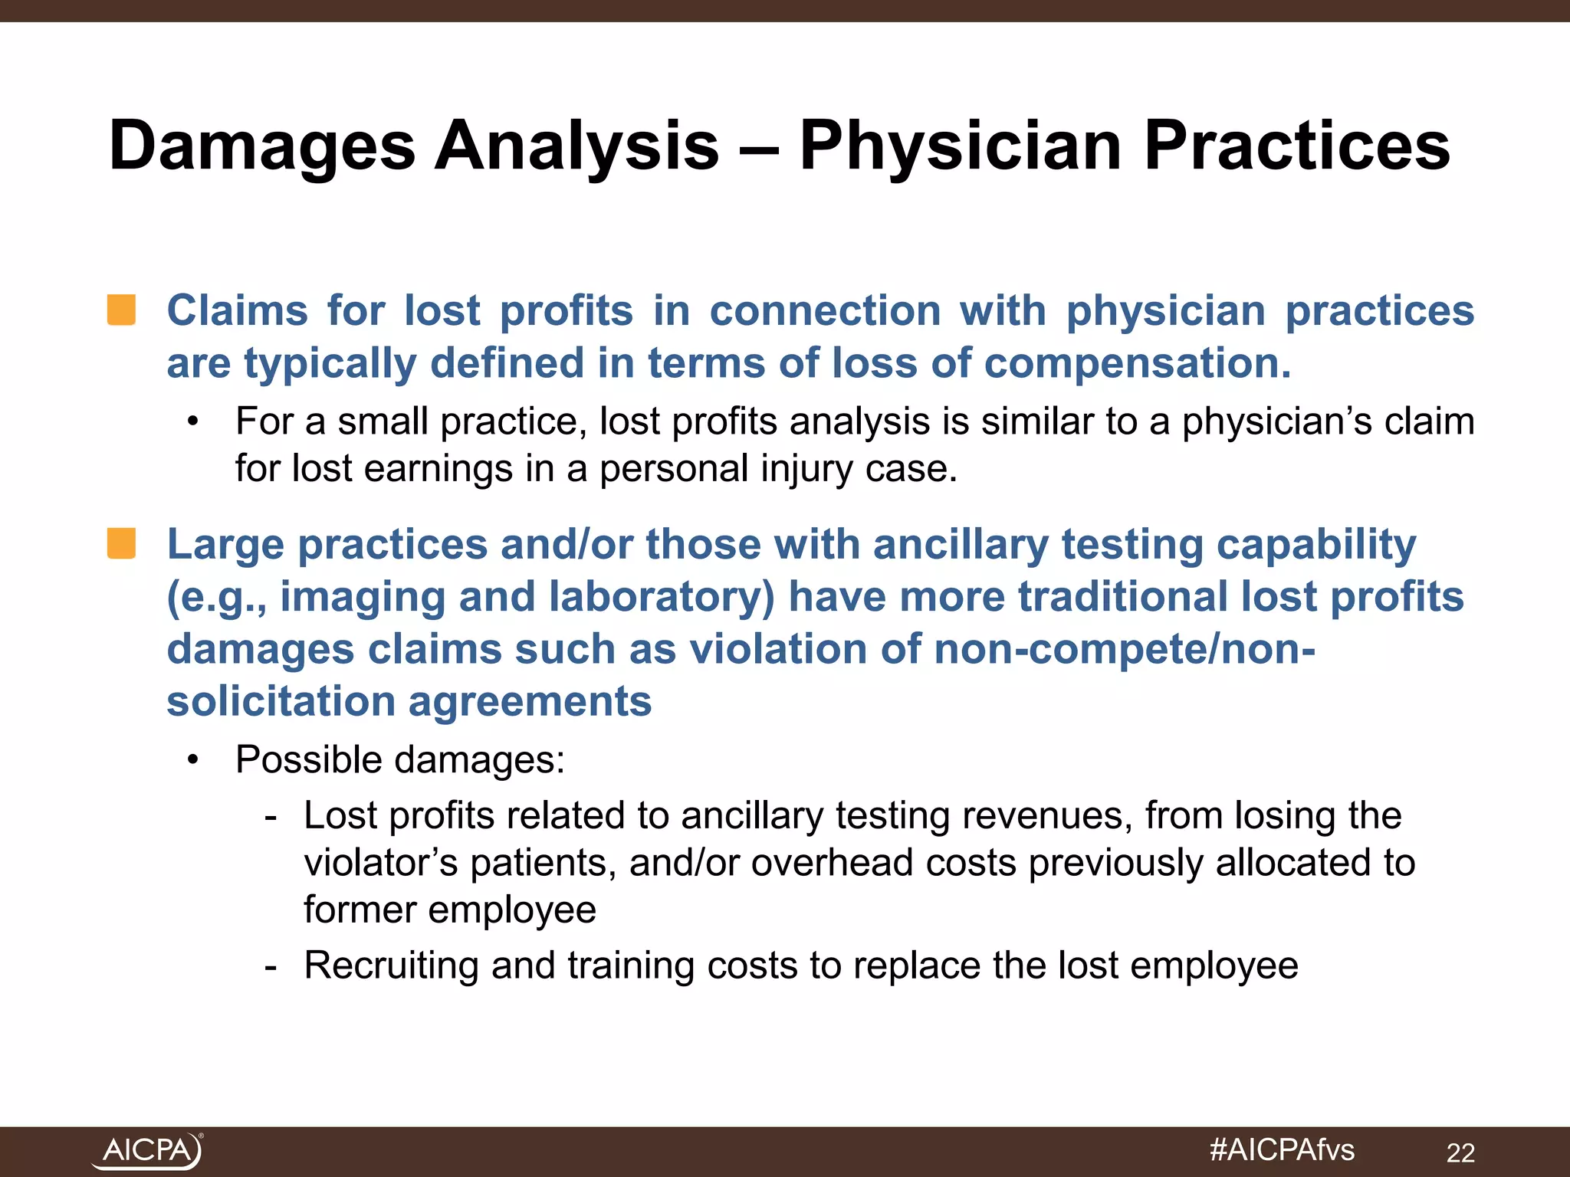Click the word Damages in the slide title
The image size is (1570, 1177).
pyautogui.click(x=261, y=146)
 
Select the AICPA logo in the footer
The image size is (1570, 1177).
pyautogui.click(x=147, y=1151)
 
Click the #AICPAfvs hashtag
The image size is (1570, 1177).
pyautogui.click(x=1282, y=1150)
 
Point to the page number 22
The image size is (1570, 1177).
pyautogui.click(x=1460, y=1152)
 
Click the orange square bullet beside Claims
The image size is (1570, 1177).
pyautogui.click(x=122, y=310)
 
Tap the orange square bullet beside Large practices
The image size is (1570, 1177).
pyautogui.click(x=122, y=543)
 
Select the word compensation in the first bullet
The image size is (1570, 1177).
pyautogui.click(x=1138, y=363)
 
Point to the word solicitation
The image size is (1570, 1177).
pyautogui.click(x=281, y=702)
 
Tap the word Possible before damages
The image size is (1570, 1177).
pyautogui.click(x=309, y=760)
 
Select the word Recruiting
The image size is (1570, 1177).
pyautogui.click(x=391, y=966)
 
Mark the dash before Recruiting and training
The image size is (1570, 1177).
pyautogui.click(x=270, y=966)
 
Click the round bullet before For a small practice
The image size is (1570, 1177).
pyautogui.click(x=193, y=421)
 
